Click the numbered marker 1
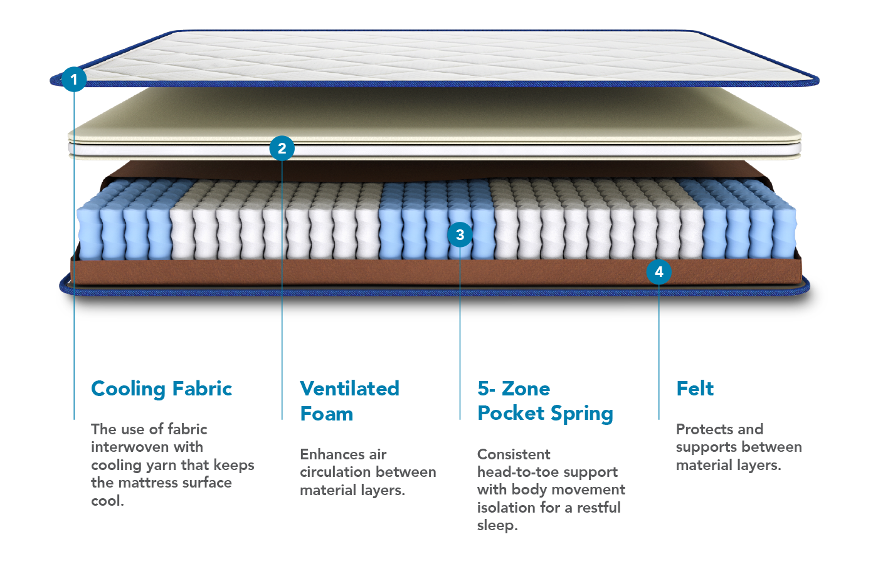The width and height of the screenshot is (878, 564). [x=74, y=80]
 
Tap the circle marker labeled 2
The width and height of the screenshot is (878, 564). [x=282, y=149]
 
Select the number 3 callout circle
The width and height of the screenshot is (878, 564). [x=460, y=235]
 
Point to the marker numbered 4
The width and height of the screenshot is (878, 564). [x=658, y=272]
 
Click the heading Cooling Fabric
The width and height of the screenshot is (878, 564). [x=161, y=389]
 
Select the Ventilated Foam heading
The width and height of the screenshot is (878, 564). [x=349, y=401]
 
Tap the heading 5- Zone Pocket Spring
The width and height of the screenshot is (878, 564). [x=545, y=401]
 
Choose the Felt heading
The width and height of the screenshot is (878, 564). [x=694, y=389]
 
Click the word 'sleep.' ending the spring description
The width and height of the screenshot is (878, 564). [x=497, y=525]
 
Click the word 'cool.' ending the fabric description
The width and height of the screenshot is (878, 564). [x=107, y=501]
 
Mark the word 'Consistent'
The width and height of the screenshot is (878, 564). [x=514, y=454]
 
